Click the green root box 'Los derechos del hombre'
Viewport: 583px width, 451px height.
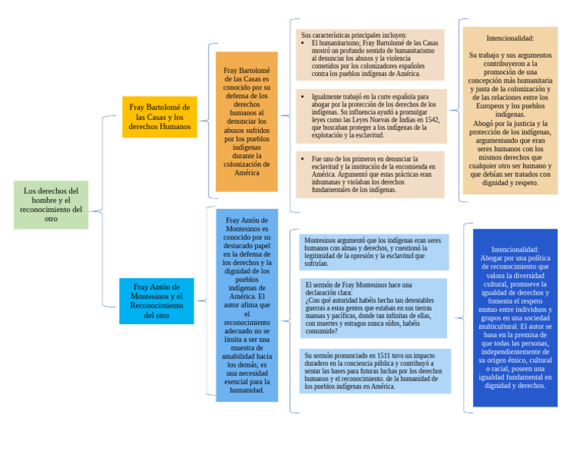click(51, 204)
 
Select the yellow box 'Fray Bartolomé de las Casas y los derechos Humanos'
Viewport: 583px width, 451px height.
click(159, 116)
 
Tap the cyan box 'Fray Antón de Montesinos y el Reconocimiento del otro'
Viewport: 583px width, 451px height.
click(156, 301)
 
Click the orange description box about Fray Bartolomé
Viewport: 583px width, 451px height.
click(247, 121)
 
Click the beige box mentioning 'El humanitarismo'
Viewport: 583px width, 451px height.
click(370, 55)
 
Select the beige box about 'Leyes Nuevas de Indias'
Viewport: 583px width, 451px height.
click(370, 116)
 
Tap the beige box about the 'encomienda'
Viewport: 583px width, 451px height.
click(370, 174)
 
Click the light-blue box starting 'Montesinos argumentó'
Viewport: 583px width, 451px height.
click(373, 251)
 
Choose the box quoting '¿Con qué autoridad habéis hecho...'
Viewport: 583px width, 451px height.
click(373, 307)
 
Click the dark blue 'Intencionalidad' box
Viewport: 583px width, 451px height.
click(515, 317)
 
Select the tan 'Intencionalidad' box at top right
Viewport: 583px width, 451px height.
click(509, 110)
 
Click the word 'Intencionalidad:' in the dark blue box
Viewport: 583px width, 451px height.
click(515, 249)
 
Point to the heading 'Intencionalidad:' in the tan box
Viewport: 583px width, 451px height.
click(509, 38)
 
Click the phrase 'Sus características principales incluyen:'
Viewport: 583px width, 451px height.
click(354, 35)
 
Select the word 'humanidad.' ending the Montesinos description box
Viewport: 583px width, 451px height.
click(247, 390)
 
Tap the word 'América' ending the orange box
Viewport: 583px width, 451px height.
click(247, 172)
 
